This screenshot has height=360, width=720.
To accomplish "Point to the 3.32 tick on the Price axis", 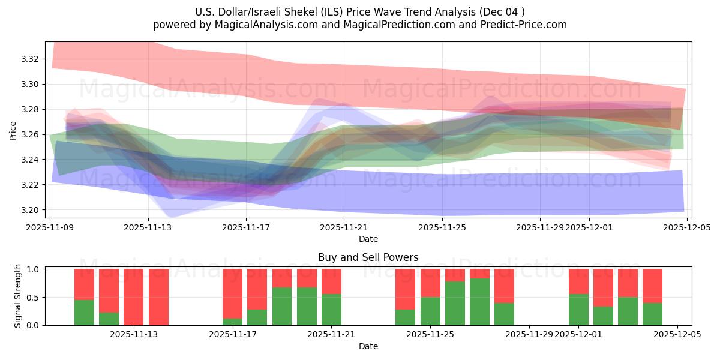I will [x=31, y=59].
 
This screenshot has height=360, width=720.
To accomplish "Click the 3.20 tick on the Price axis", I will [x=31, y=210].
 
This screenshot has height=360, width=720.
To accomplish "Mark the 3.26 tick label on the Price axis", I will [x=31, y=134].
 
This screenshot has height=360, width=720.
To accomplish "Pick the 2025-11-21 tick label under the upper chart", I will [x=344, y=227].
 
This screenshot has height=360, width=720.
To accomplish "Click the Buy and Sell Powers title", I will [x=368, y=257].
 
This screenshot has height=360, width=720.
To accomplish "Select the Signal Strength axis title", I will [x=18, y=296].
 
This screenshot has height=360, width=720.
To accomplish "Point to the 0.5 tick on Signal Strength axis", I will [x=32, y=297].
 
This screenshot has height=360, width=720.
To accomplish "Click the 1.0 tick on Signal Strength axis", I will [x=32, y=269].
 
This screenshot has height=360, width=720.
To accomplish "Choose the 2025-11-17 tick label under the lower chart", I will [x=232, y=335].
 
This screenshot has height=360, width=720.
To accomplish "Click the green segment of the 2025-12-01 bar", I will [x=578, y=310].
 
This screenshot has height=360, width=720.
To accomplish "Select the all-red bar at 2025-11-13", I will [x=133, y=297].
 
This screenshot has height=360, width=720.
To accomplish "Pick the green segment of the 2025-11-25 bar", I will [x=430, y=311].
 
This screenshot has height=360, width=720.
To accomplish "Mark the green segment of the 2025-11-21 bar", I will [x=331, y=310].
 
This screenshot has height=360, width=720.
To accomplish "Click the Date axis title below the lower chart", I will [x=368, y=346].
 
